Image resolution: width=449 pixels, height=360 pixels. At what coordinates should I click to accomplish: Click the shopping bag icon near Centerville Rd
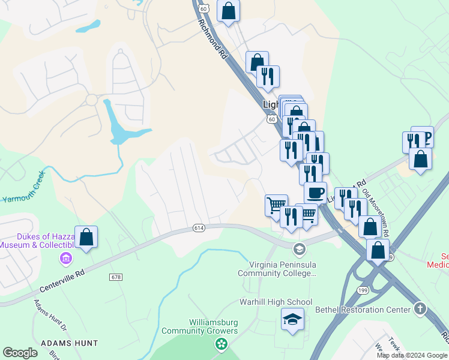click(86, 236)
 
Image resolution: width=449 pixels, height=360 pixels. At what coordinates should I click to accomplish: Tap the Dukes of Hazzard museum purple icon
click(65, 259)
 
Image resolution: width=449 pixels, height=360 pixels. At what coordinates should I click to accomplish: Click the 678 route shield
click(116, 277)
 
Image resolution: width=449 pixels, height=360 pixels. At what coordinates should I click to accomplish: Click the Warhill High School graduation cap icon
click(292, 319)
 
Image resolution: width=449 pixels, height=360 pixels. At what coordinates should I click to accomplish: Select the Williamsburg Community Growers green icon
click(221, 344)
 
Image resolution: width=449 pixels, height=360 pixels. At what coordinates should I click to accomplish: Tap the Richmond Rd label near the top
click(214, 38)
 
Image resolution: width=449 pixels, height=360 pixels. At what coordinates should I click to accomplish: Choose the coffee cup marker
click(315, 193)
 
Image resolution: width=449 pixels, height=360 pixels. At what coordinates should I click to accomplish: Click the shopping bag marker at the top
click(228, 10)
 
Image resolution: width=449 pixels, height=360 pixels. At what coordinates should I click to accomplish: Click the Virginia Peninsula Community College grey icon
click(298, 248)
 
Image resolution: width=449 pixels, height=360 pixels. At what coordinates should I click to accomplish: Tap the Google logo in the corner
click(20, 353)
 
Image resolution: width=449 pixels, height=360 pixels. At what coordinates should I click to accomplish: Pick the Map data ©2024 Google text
click(412, 355)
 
